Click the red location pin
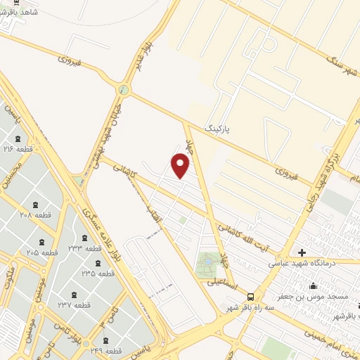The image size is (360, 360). click(x=181, y=166)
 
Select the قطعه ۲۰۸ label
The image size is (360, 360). click(x=30, y=214)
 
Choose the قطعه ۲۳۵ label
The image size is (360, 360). click(x=98, y=273)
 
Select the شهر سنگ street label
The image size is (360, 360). click(x=337, y=67)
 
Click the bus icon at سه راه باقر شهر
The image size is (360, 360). click(x=251, y=297)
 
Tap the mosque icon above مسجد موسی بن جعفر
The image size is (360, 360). click(x=313, y=285)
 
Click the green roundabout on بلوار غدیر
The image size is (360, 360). click(x=124, y=90)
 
